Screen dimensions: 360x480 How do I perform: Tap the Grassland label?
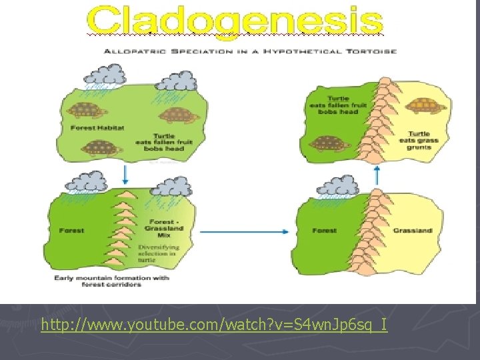(412, 231)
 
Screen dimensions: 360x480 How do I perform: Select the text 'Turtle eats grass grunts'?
(419, 141)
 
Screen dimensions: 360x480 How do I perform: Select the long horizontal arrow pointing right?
(243, 231)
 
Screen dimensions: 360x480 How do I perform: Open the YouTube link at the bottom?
(213, 325)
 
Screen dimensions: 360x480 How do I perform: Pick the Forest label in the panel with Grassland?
(325, 231)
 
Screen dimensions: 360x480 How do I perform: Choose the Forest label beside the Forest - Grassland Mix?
(71, 231)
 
